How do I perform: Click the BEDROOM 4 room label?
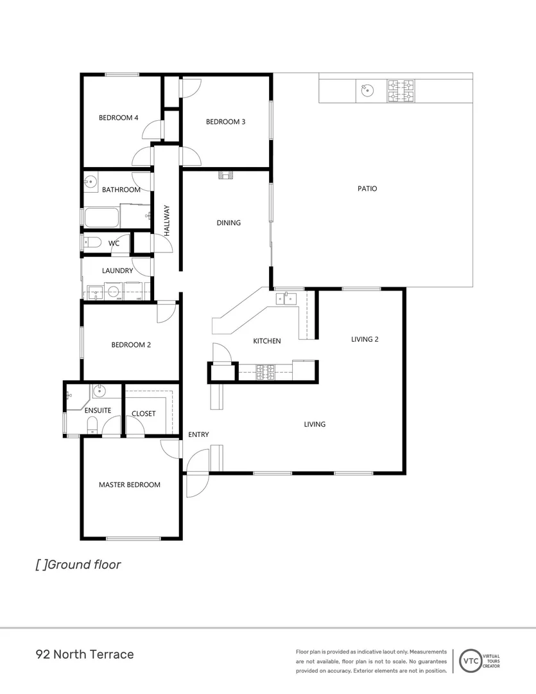pyautogui.click(x=119, y=118)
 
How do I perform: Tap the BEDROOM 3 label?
pyautogui.click(x=225, y=121)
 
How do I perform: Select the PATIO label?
pyautogui.click(x=367, y=189)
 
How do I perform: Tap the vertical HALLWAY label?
pyautogui.click(x=166, y=220)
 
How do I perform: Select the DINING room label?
pyautogui.click(x=229, y=223)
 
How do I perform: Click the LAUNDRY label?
pyautogui.click(x=117, y=271)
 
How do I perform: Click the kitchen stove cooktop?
pyautogui.click(x=266, y=369)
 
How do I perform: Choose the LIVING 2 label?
pyautogui.click(x=365, y=339)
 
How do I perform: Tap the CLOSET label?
pyautogui.click(x=143, y=413)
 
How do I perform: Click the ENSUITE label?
pyautogui.click(x=98, y=410)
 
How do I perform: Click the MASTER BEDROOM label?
pyautogui.click(x=129, y=485)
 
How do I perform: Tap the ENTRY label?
pyautogui.click(x=198, y=435)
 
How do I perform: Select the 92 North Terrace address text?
pyautogui.click(x=85, y=655)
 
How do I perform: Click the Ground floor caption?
pyautogui.click(x=78, y=565)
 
